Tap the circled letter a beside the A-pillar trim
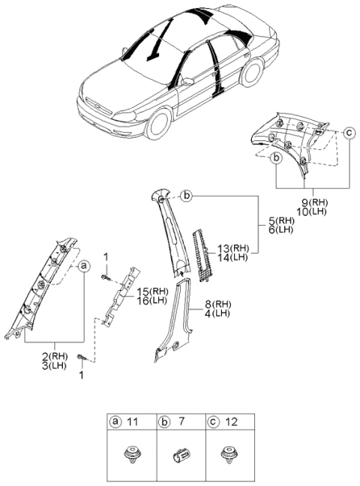click(83, 265)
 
